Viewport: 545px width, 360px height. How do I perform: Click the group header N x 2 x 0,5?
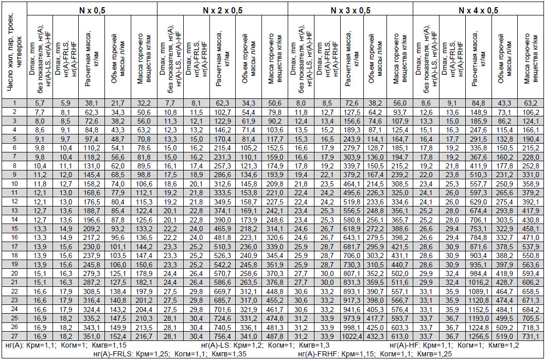(222, 10)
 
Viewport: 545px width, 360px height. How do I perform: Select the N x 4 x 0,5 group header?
(478, 10)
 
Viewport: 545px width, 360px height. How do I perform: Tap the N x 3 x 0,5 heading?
(350, 10)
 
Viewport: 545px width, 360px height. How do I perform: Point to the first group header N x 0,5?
(92, 10)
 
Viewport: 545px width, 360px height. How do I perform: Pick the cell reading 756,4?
(222, 335)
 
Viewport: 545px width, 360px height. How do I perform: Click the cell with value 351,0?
(93, 335)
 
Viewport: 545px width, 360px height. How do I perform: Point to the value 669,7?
(222, 291)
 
